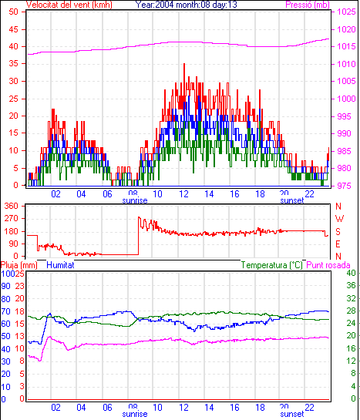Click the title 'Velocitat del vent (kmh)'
pyautogui.click(x=69, y=5)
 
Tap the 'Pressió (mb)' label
pyautogui.click(x=308, y=5)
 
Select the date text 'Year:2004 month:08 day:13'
pyautogui.click(x=186, y=5)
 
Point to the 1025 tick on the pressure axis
pyautogui.click(x=346, y=12)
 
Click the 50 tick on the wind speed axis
pyautogui.click(x=13, y=12)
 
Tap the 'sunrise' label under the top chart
pyautogui.click(x=135, y=200)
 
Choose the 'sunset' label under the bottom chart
pyautogui.click(x=292, y=414)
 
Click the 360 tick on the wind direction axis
pyautogui.click(x=11, y=206)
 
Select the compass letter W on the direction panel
pyautogui.click(x=339, y=219)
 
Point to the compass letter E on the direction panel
pyautogui.click(x=338, y=244)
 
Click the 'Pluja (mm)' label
pyautogui.click(x=19, y=265)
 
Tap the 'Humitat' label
pyautogui.click(x=60, y=265)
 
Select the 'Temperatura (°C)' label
pyautogui.click(x=272, y=265)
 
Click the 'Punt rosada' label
pyautogui.click(x=328, y=265)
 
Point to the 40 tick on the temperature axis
pyautogui.click(x=351, y=274)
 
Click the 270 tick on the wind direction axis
pyautogui.click(x=11, y=219)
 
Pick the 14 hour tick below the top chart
pyautogui.click(x=209, y=194)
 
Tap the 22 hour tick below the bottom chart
pyautogui.click(x=309, y=408)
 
